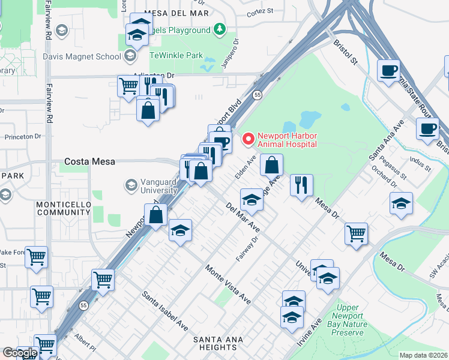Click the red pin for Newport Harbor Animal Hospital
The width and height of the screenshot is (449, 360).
pyautogui.click(x=247, y=139)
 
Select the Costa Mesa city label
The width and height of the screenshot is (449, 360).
pyautogui.click(x=89, y=162)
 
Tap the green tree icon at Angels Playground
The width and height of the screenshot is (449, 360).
pyautogui.click(x=220, y=29)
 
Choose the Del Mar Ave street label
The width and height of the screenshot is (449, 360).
pyautogui.click(x=243, y=218)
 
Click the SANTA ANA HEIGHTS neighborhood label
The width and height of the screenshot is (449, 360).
pyautogui.click(x=214, y=343)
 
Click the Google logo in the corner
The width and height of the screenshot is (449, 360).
pyautogui.click(x=20, y=353)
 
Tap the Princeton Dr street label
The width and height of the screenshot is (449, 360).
pyautogui.click(x=22, y=136)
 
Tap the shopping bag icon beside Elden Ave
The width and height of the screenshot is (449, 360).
pyautogui.click(x=272, y=164)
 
